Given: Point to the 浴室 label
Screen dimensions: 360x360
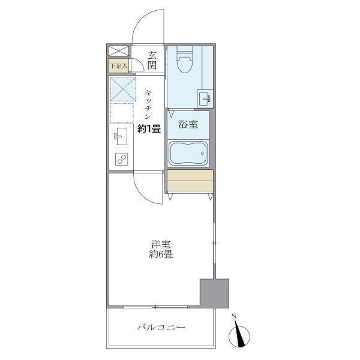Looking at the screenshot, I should pyautogui.click(x=188, y=125).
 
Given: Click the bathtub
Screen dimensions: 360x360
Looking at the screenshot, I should pyautogui.click(x=188, y=153).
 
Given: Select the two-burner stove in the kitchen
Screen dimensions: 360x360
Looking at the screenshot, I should pyautogui.click(x=122, y=160).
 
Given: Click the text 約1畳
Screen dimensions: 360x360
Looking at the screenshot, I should pyautogui.click(x=149, y=128).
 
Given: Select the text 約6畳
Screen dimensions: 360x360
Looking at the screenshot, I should pyautogui.click(x=161, y=254).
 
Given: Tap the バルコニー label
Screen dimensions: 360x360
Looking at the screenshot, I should pyautogui.click(x=160, y=328).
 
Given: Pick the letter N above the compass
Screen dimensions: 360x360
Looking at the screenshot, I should pyautogui.click(x=235, y=316).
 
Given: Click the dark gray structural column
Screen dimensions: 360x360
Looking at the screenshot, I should pyautogui.click(x=214, y=293).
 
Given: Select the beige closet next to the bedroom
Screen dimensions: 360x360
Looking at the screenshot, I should pyautogui.click(x=190, y=181).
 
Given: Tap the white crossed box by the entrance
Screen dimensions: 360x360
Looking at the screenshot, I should pyautogui.click(x=118, y=52).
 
